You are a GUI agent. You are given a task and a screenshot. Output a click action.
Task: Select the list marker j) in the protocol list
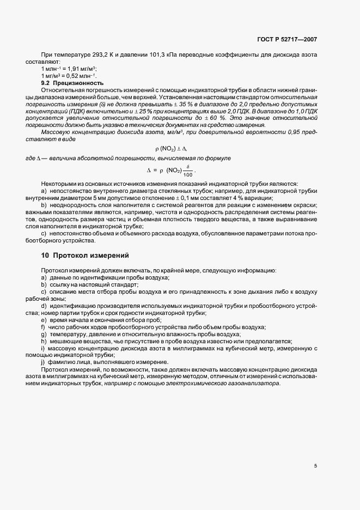[x=43, y=363]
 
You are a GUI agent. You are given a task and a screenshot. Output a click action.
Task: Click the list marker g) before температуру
[x=43, y=334]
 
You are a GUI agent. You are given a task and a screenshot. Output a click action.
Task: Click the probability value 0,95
[x=287, y=133]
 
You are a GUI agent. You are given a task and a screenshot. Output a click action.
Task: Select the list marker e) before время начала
[x=43, y=320]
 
